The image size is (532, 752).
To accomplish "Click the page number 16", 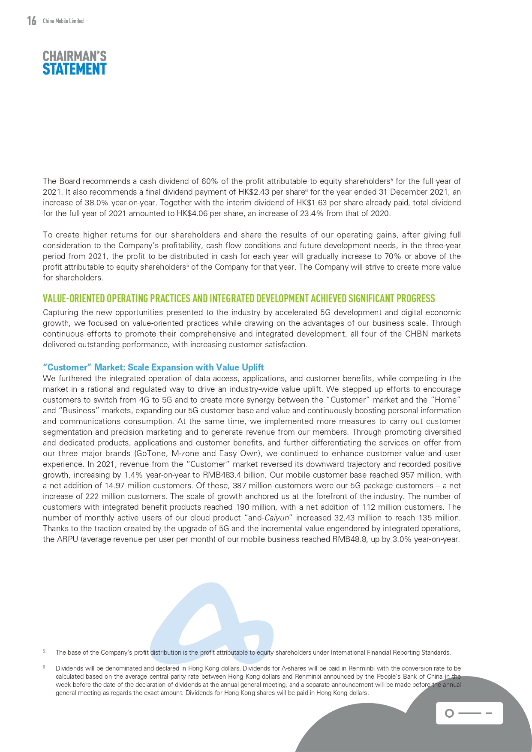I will coord(31,21).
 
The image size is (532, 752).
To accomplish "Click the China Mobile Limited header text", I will coord(63,21).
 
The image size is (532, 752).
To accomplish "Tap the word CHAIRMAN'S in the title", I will coord(75,56).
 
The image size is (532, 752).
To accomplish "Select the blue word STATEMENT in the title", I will coord(75,69).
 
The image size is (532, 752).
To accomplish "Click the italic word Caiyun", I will coord(277,518).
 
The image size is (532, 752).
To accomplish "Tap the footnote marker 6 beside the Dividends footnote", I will coord(44,668).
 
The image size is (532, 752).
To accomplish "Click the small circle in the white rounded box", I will coord(449,713).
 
